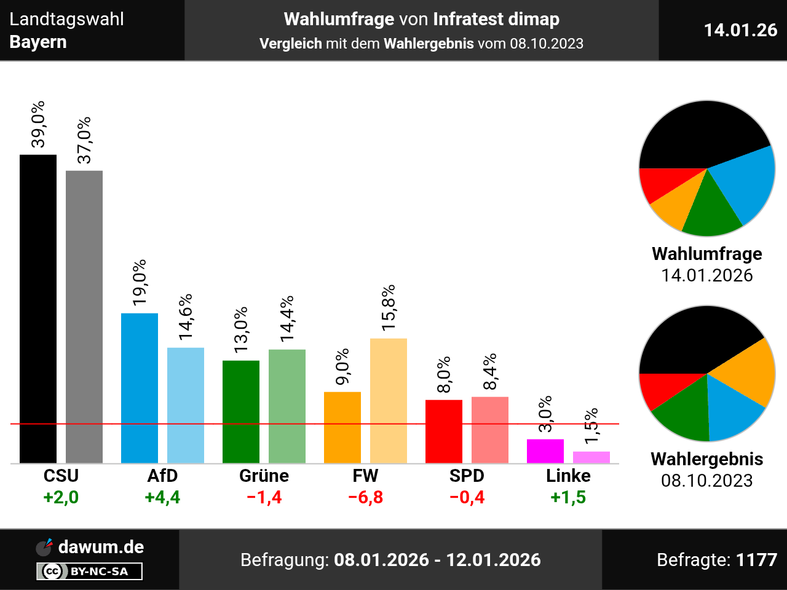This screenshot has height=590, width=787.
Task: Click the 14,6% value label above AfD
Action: tap(186, 317)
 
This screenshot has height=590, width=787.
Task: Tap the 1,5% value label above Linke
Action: tap(591, 426)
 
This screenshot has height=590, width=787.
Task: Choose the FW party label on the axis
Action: tap(365, 476)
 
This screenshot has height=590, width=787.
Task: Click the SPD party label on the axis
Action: tap(467, 476)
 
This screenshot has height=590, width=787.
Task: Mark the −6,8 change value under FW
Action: tap(365, 497)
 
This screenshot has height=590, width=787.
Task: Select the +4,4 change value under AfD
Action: tap(162, 497)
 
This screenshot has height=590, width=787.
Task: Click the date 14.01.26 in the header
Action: tap(740, 30)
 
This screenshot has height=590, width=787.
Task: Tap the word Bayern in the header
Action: tap(38, 42)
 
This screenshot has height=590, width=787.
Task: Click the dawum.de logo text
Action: tap(101, 547)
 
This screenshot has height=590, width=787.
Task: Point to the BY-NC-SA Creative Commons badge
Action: tap(90, 572)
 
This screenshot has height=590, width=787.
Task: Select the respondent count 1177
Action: tap(756, 560)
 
